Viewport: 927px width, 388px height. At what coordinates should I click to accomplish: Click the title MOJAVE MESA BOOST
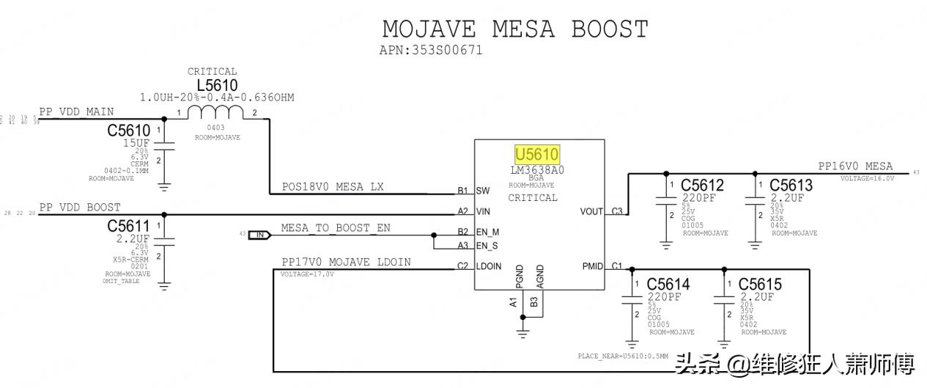pyautogui.click(x=515, y=29)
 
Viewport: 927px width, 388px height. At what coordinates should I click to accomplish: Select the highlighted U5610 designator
pyautogui.click(x=537, y=155)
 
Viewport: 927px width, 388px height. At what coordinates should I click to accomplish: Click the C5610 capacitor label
pyautogui.click(x=128, y=131)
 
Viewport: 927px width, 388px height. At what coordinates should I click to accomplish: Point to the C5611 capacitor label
pyautogui.click(x=128, y=226)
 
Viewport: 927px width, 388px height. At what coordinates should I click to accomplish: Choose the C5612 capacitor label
pyautogui.click(x=702, y=185)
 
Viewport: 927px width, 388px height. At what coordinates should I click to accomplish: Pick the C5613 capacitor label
pyautogui.click(x=791, y=185)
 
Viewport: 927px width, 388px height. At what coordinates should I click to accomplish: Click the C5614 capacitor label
pyautogui.click(x=668, y=285)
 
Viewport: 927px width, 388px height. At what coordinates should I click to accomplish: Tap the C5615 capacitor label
pyautogui.click(x=760, y=285)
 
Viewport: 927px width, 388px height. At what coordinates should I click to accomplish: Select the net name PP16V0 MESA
pyautogui.click(x=855, y=166)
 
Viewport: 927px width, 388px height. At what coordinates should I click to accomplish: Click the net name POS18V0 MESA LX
pyautogui.click(x=333, y=187)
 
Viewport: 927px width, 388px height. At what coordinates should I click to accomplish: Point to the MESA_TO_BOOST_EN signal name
pyautogui.click(x=336, y=228)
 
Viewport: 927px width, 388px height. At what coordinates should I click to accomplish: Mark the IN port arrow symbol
pyautogui.click(x=260, y=235)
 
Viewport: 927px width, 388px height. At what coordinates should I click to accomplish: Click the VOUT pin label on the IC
pyautogui.click(x=591, y=211)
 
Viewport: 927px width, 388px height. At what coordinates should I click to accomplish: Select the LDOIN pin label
pyautogui.click(x=489, y=266)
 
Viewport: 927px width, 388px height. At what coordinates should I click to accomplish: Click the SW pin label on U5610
pyautogui.click(x=482, y=191)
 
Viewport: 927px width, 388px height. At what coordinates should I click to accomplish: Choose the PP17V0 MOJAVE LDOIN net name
pyautogui.click(x=346, y=262)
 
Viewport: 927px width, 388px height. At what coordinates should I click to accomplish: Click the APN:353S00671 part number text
pyautogui.click(x=431, y=51)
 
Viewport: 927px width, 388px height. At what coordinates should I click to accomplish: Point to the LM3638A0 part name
pyautogui.click(x=537, y=170)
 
